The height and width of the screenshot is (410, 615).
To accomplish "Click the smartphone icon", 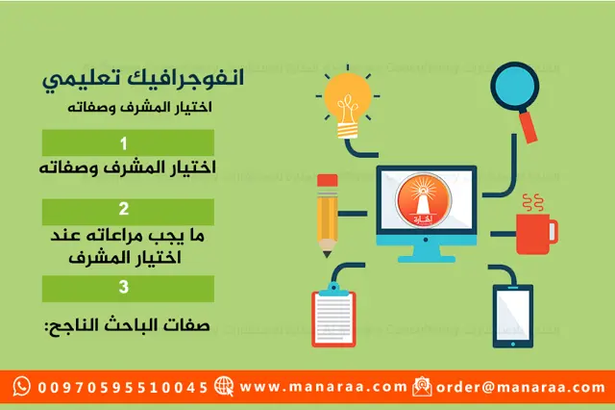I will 512,315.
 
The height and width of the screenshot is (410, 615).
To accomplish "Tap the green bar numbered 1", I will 127,141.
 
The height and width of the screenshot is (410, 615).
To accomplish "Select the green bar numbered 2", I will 127,208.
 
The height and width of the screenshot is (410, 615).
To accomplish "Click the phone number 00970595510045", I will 123,387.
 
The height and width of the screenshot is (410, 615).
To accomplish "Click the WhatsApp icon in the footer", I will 21,387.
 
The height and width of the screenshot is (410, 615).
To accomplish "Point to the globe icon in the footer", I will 225,387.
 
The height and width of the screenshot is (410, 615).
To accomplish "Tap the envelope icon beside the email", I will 422,387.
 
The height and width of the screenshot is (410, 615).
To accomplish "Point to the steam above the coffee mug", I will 530,204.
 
